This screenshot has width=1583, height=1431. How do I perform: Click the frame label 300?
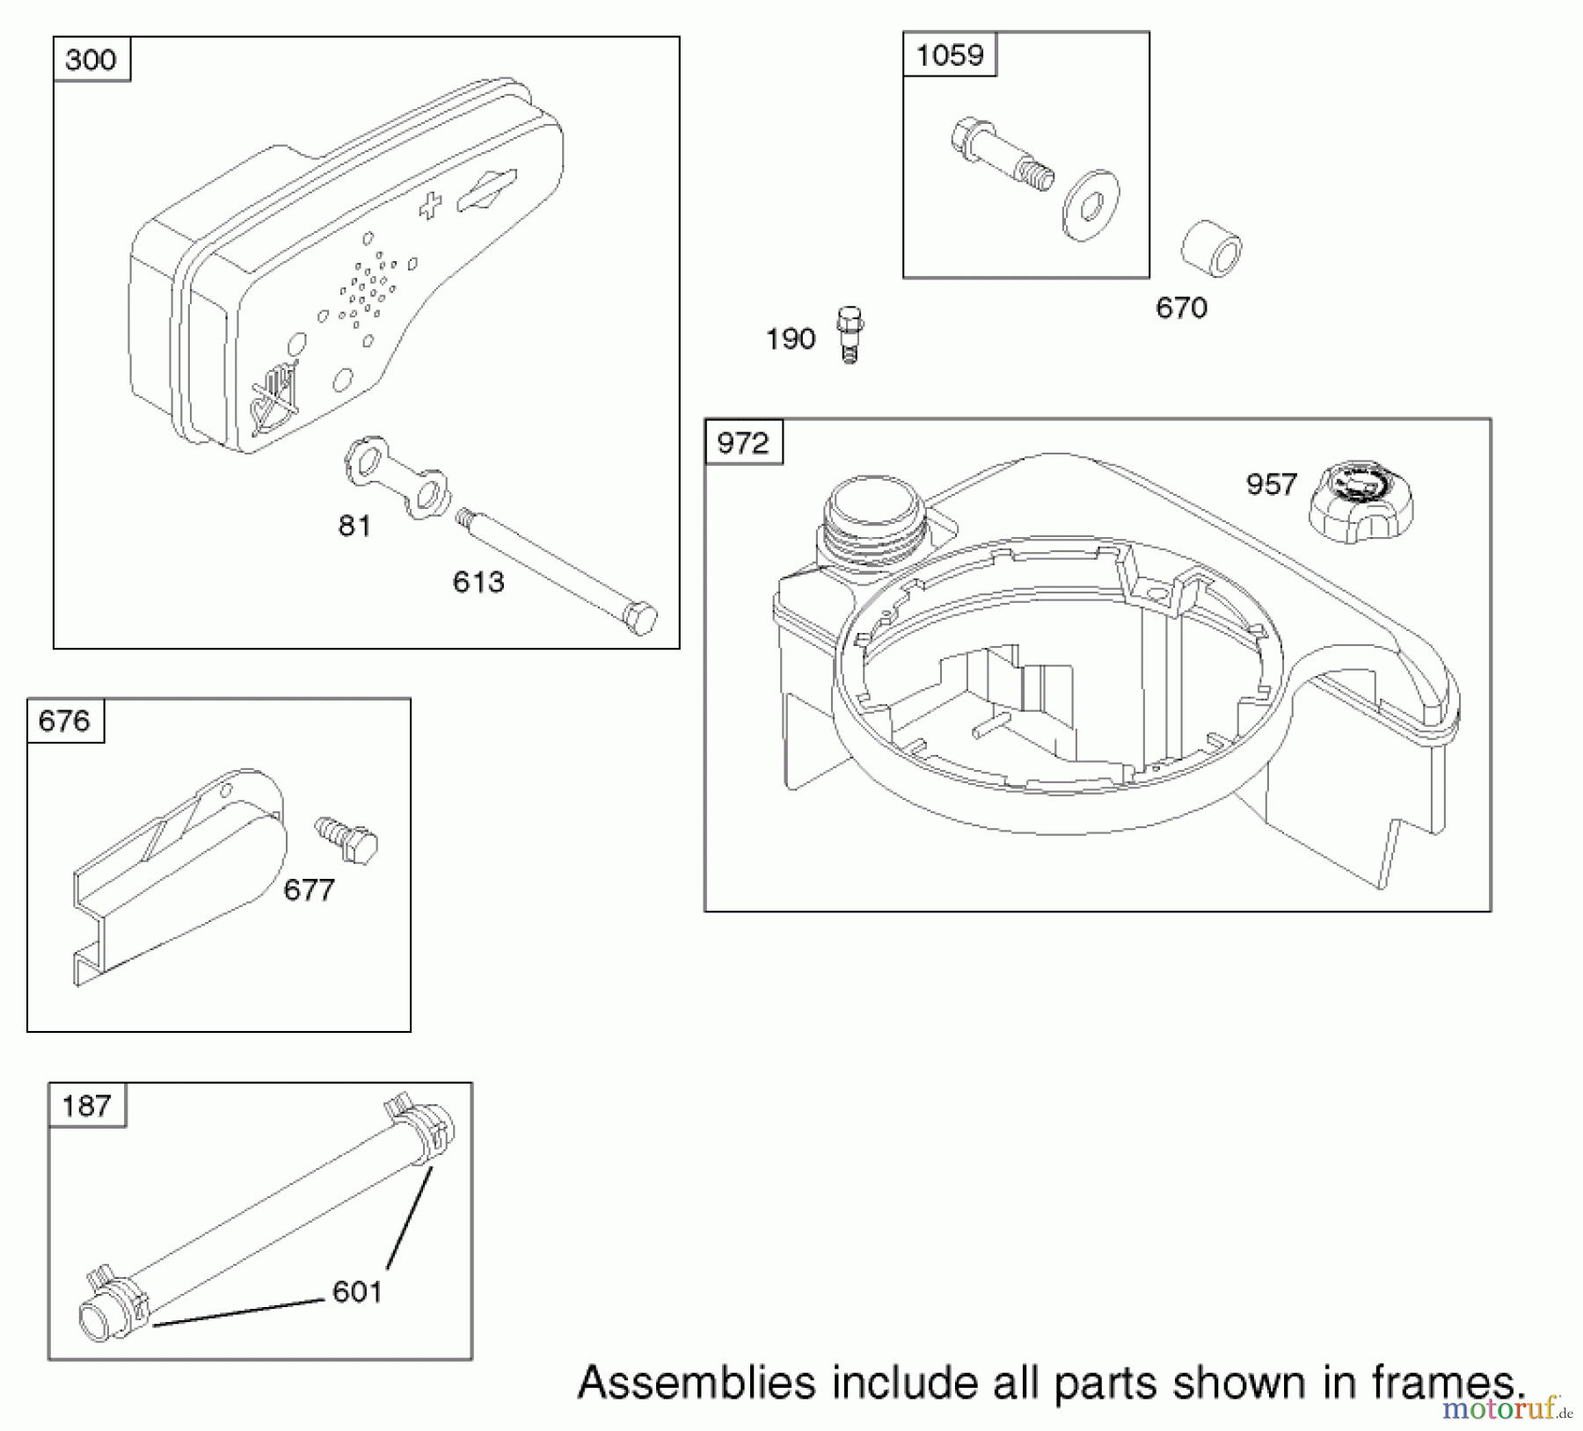pos(91,60)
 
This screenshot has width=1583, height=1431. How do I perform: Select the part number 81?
pos(354,526)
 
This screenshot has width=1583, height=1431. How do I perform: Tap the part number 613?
pos(478,582)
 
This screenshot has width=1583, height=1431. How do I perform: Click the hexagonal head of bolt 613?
pos(645,617)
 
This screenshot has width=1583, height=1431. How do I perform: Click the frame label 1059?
pos(950,55)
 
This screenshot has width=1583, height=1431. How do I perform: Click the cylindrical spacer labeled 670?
pos(1212,249)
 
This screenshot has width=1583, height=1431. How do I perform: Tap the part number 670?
pos(1181,308)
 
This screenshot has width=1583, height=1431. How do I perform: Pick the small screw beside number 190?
pos(850,335)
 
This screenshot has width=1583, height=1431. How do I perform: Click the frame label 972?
pos(743,442)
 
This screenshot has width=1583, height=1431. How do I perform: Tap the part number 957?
pos(1271,484)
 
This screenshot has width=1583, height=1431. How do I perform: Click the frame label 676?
pos(65,721)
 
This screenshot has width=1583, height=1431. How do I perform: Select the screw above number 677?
pos(347,839)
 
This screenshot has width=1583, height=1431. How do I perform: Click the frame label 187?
pos(86,1105)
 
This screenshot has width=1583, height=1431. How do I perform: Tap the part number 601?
pos(357,1292)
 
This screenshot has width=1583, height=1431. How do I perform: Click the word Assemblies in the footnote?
pos(697,1383)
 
